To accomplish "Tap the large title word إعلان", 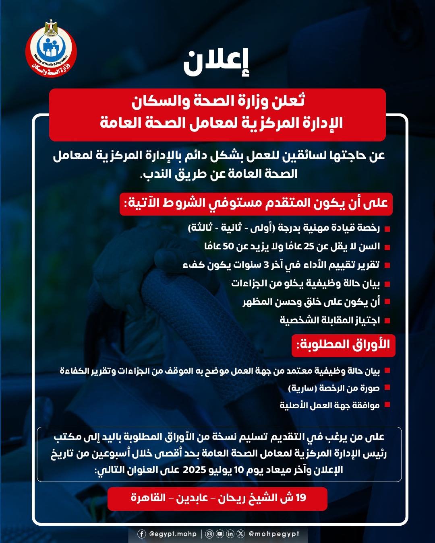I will point(217,63).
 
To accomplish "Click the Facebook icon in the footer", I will point(142,534).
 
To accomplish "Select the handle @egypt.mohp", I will point(173,534).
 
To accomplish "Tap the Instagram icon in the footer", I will point(209,534).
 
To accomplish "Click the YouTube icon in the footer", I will point(220,534).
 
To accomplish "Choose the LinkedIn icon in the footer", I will point(230,534).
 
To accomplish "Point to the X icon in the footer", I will point(241,534).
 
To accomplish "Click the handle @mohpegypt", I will point(274,534).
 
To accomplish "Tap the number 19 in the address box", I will point(301,498).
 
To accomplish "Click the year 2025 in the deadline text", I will point(195,470).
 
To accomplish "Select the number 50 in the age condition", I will point(228,246).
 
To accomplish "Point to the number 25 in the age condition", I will point(309,246).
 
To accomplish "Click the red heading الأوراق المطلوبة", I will point(343,345).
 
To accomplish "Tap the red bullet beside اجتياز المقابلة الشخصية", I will point(387,321).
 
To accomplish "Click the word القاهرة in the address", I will point(148,498).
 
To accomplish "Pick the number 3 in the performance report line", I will point(266,265).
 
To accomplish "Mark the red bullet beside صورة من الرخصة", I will point(387,388).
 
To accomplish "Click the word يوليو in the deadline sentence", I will point(221,470).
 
